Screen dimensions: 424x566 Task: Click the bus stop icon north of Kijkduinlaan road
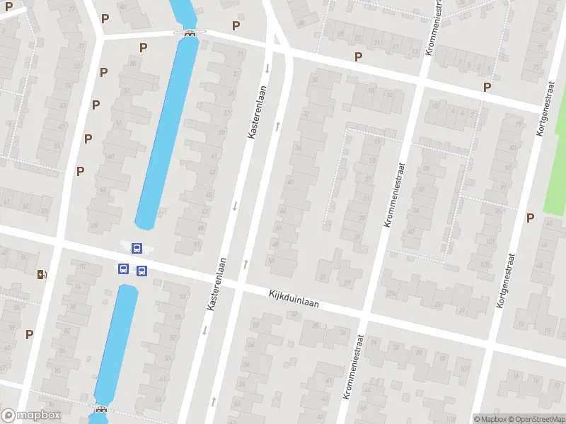[x=137, y=248]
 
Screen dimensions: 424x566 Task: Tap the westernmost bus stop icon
[x=123, y=269]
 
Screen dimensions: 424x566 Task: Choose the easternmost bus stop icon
[x=141, y=270]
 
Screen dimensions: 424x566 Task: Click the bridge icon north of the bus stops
[x=190, y=33]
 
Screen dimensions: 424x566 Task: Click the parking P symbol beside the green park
[x=530, y=218]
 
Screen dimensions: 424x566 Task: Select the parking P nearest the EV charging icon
[x=30, y=334]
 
